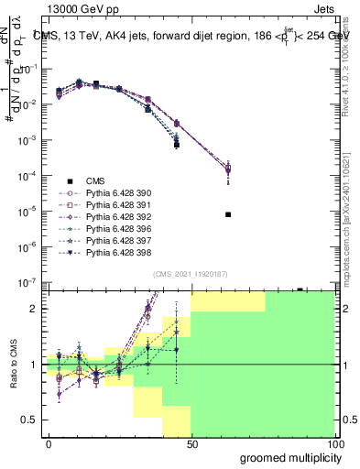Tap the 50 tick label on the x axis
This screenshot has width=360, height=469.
click(191, 443)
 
